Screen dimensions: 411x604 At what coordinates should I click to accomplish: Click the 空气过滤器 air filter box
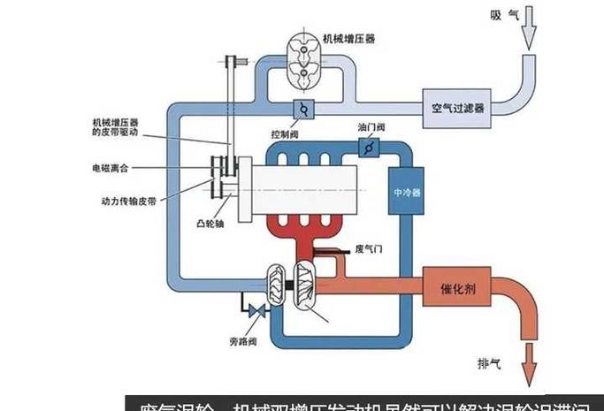coord(457,108)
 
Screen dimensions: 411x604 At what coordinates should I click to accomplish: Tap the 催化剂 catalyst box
coord(459,288)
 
